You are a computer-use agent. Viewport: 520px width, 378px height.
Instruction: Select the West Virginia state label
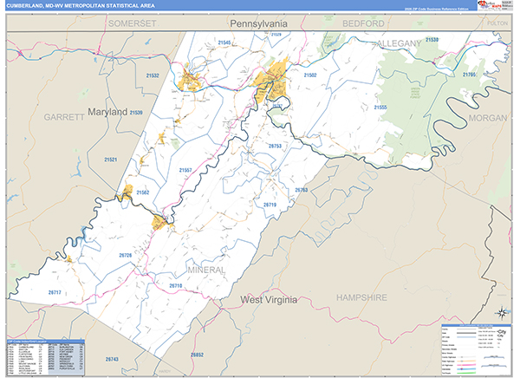pyautogui.click(x=269, y=299)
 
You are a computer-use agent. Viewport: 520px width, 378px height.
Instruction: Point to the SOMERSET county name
pyautogui.click(x=133, y=23)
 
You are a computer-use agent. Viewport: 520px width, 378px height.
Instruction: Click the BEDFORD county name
pyautogui.click(x=362, y=23)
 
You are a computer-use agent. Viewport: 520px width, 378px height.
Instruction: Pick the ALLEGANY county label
pyautogui.click(x=398, y=42)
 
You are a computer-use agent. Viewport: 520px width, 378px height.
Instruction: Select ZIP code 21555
pyautogui.click(x=380, y=108)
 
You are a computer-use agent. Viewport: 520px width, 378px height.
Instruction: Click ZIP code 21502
pyautogui.click(x=310, y=75)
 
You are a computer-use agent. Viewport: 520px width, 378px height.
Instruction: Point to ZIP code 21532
pyautogui.click(x=153, y=76)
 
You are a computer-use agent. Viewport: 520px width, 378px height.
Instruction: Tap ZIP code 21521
pyautogui.click(x=110, y=160)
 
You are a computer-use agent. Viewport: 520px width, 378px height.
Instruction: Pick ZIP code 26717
pyautogui.click(x=55, y=293)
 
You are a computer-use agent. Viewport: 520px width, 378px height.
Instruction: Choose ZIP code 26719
pyautogui.click(x=270, y=205)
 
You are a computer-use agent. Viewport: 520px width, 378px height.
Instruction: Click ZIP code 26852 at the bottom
pyautogui.click(x=197, y=355)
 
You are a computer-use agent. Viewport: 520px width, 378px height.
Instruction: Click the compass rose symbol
pyautogui.click(x=500, y=313)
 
